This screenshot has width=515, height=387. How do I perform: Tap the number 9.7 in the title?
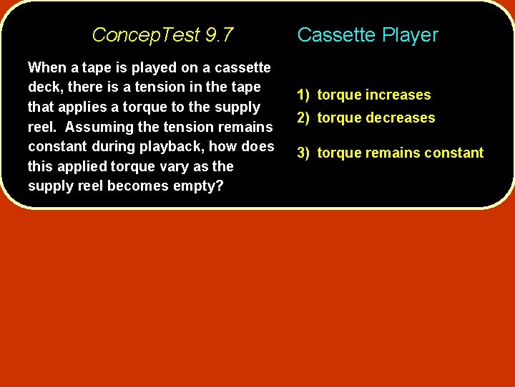[x=219, y=34]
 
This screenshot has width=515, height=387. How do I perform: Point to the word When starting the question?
[x=46, y=67]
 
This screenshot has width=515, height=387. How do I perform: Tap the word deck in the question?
[x=44, y=87]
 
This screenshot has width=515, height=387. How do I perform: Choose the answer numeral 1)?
[x=304, y=95]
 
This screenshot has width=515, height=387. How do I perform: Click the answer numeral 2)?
[x=304, y=118]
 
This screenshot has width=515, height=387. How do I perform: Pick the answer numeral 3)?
[x=304, y=153]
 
